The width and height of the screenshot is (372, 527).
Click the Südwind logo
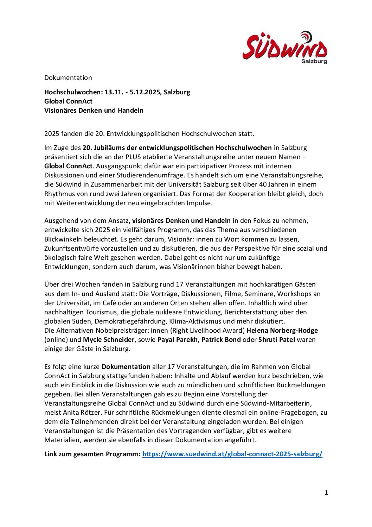click(x=284, y=46)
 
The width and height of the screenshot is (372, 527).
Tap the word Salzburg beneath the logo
click(x=314, y=61)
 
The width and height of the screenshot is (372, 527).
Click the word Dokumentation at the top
click(x=68, y=78)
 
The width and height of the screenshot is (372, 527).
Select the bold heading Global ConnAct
click(x=68, y=101)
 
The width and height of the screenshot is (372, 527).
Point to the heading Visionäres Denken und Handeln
click(x=94, y=111)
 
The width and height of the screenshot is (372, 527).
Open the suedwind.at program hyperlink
click(x=232, y=454)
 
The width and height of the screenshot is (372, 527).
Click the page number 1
click(x=326, y=493)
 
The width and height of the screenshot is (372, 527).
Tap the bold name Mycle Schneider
click(x=109, y=340)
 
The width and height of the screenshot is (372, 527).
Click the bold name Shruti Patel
click(x=276, y=340)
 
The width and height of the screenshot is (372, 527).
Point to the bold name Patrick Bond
click(x=221, y=340)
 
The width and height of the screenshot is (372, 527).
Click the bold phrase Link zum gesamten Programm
click(x=92, y=454)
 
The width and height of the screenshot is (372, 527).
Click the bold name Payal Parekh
click(x=178, y=340)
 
